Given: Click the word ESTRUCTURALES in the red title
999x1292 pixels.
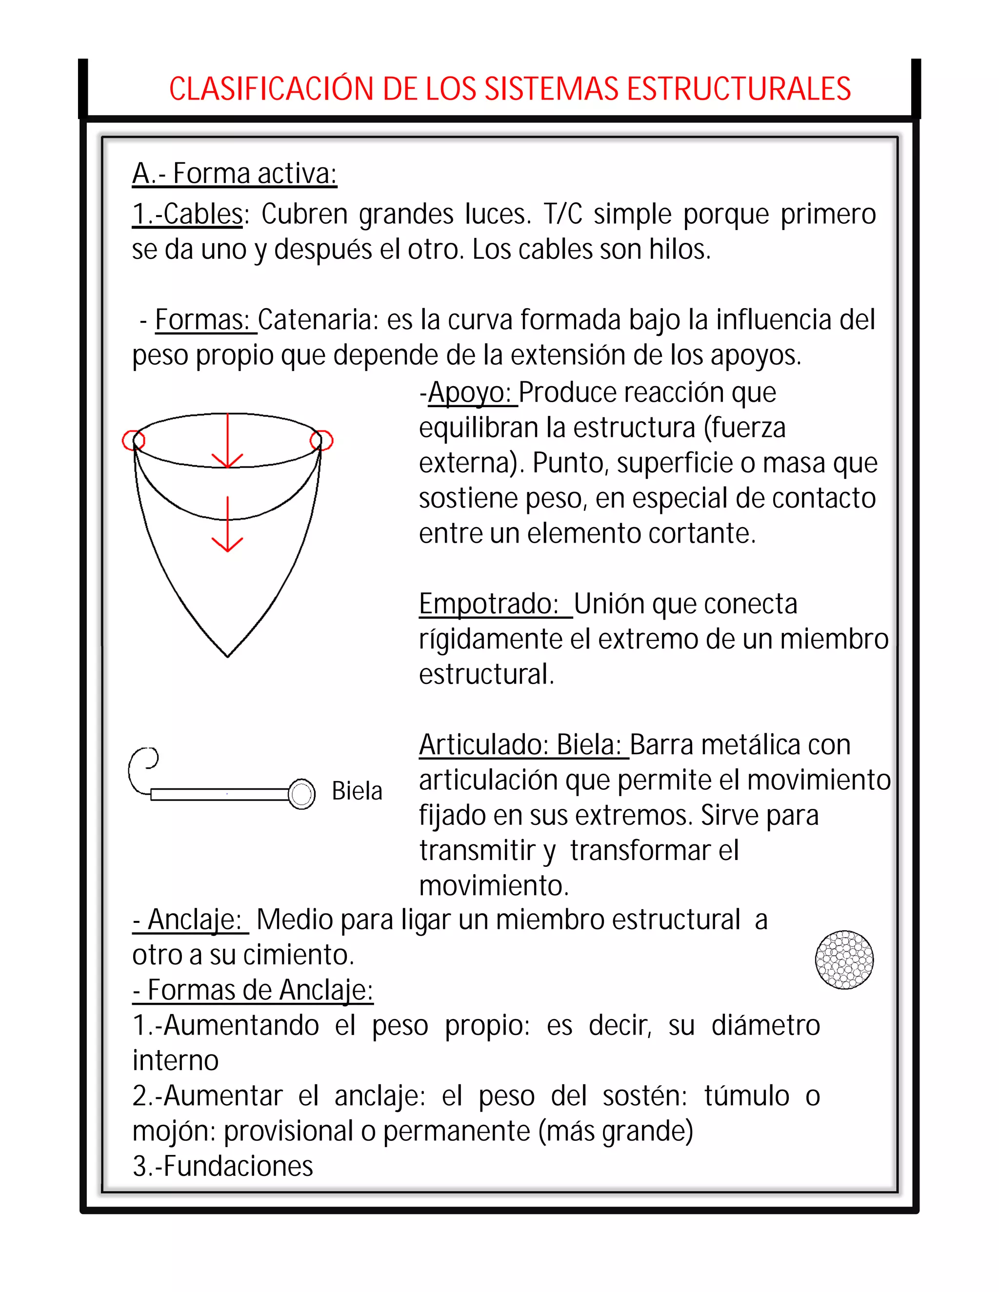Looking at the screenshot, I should [738, 89].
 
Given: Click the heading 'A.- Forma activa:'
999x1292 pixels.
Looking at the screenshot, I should [234, 174].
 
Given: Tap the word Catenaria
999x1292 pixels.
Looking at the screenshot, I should [317, 320].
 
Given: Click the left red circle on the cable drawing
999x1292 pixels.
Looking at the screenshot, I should [133, 440].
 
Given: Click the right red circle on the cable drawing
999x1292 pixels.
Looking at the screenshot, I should [321, 440].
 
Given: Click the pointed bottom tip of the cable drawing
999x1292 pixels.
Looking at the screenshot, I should [227, 654].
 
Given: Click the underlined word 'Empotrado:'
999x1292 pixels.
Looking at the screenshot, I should [489, 604].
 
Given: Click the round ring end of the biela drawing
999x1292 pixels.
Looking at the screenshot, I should [302, 794].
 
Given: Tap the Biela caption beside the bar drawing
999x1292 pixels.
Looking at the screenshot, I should [357, 791].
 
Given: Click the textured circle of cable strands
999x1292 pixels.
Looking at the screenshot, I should [844, 959].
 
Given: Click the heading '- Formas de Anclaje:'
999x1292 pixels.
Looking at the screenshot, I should [253, 990].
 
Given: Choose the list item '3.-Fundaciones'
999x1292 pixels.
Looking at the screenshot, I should [222, 1167].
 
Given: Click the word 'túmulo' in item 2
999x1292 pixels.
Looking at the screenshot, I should [746, 1096].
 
